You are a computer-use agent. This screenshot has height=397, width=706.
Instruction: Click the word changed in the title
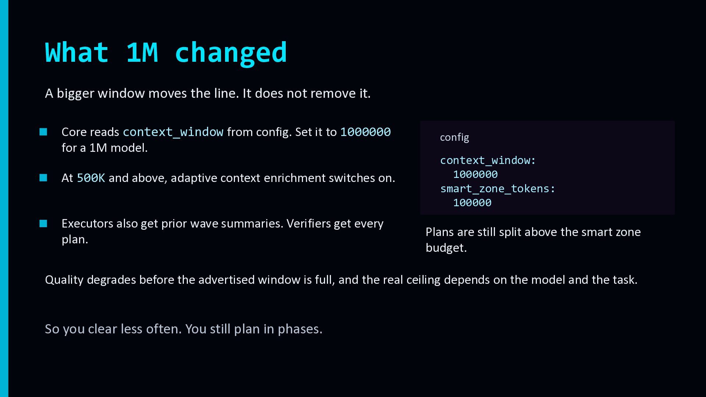231,53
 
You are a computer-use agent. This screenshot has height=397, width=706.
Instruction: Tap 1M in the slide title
142,52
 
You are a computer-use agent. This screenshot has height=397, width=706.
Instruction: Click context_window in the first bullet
173,132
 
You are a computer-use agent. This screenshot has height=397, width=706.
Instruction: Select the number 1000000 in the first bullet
366,132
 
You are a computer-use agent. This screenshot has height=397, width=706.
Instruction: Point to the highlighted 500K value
91,178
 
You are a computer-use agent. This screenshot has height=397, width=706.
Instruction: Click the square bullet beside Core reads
43,132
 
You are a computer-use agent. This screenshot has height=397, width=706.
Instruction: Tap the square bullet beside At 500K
43,178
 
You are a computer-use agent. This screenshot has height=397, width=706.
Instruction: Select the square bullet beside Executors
43,223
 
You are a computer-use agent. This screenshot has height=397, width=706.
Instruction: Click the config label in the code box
454,137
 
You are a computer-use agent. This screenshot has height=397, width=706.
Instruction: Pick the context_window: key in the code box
488,160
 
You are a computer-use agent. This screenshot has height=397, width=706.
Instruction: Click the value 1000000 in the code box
475,174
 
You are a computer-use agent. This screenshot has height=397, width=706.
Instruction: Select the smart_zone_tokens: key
498,189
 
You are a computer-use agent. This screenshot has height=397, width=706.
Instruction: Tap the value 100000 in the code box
472,203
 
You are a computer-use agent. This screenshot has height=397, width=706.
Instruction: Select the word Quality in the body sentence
64,280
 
